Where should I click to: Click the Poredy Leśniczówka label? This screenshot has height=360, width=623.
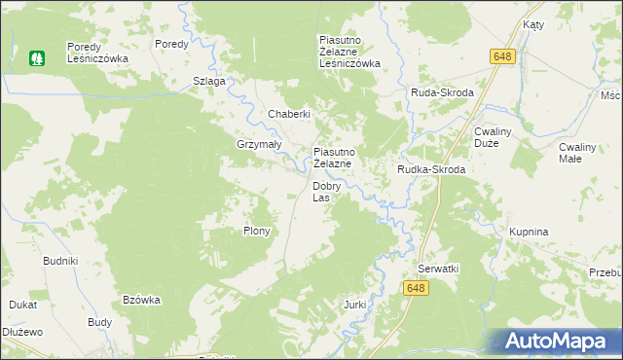point(97,53)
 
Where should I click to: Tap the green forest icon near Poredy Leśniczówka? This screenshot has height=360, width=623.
point(37,58)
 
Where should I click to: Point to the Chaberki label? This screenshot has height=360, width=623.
point(289,114)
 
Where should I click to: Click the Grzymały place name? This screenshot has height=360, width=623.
point(259,144)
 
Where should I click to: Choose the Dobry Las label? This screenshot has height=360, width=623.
point(326,192)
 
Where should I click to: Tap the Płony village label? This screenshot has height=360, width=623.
point(256,232)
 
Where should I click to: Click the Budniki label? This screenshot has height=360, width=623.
point(60,261)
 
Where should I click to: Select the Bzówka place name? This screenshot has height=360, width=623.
point(141,300)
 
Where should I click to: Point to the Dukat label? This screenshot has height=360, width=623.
point(23,305)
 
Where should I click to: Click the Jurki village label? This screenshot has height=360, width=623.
point(354,305)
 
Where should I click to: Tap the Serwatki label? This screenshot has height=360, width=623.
point(438,268)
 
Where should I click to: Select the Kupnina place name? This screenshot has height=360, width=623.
point(529,232)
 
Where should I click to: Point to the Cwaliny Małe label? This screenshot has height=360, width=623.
point(584,152)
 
